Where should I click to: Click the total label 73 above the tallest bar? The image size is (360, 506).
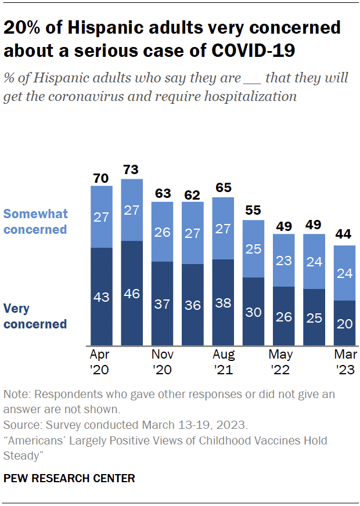(x=131, y=170)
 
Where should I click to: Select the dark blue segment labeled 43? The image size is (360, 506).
(x=101, y=297)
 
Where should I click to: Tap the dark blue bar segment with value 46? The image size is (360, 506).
(x=131, y=293)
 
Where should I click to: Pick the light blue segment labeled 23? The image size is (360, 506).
(x=283, y=261)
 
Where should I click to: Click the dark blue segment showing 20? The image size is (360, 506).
(x=344, y=323)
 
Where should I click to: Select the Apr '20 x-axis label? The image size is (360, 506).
(x=101, y=362)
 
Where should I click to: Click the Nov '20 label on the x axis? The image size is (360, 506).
(x=162, y=362)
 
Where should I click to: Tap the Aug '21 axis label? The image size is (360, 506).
(x=223, y=362)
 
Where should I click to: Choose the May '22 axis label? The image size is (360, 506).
(x=283, y=362)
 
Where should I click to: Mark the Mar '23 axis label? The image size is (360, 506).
(x=344, y=362)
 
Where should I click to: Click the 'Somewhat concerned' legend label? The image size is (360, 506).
(x=35, y=221)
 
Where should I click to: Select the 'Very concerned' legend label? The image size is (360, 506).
(x=35, y=316)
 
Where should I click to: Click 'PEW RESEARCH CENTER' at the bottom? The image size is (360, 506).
(x=69, y=479)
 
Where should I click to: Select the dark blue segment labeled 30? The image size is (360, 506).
(x=253, y=312)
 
